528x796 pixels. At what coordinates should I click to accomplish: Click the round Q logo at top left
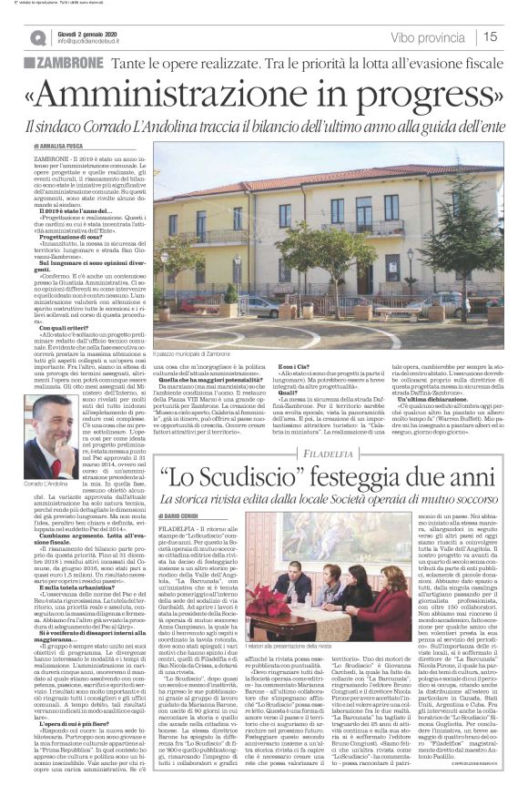pyautogui.click(x=37, y=37)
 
